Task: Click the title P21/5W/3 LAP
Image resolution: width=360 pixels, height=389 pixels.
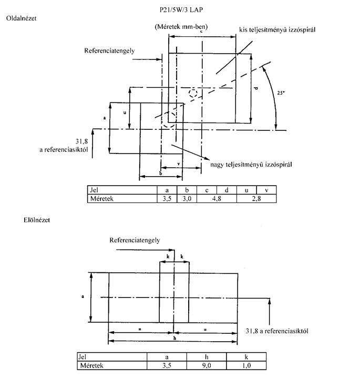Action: click(181, 10)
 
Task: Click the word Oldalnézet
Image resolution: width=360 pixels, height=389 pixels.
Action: click(22, 18)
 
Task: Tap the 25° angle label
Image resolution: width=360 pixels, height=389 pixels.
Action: click(281, 93)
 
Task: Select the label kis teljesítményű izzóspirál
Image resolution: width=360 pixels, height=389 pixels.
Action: click(277, 30)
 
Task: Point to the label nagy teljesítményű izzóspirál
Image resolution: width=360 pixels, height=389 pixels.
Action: click(251, 165)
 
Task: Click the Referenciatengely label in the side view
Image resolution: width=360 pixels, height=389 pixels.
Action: click(109, 50)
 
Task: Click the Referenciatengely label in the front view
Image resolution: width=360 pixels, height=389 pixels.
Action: click(135, 240)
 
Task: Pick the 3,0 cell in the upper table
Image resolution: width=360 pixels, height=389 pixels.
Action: click(187, 199)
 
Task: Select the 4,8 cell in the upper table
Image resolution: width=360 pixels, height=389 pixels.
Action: click(217, 199)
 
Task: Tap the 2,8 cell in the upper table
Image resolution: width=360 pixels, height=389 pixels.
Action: click(256, 199)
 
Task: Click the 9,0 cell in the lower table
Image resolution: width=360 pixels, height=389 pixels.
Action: click(207, 365)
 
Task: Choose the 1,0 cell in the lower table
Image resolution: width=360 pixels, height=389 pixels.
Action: click(246, 365)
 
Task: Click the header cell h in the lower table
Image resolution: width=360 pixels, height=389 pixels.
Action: click(207, 357)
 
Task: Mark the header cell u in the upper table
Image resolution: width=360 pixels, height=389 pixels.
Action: click(246, 190)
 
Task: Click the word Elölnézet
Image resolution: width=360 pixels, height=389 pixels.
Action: click(37, 220)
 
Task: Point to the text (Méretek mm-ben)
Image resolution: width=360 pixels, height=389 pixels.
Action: click(181, 26)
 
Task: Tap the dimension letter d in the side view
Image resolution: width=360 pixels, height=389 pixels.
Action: click(256, 88)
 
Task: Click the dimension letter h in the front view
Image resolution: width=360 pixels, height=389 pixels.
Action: click(174, 338)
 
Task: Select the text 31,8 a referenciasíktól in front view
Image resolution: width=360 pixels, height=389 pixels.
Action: click(277, 331)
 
